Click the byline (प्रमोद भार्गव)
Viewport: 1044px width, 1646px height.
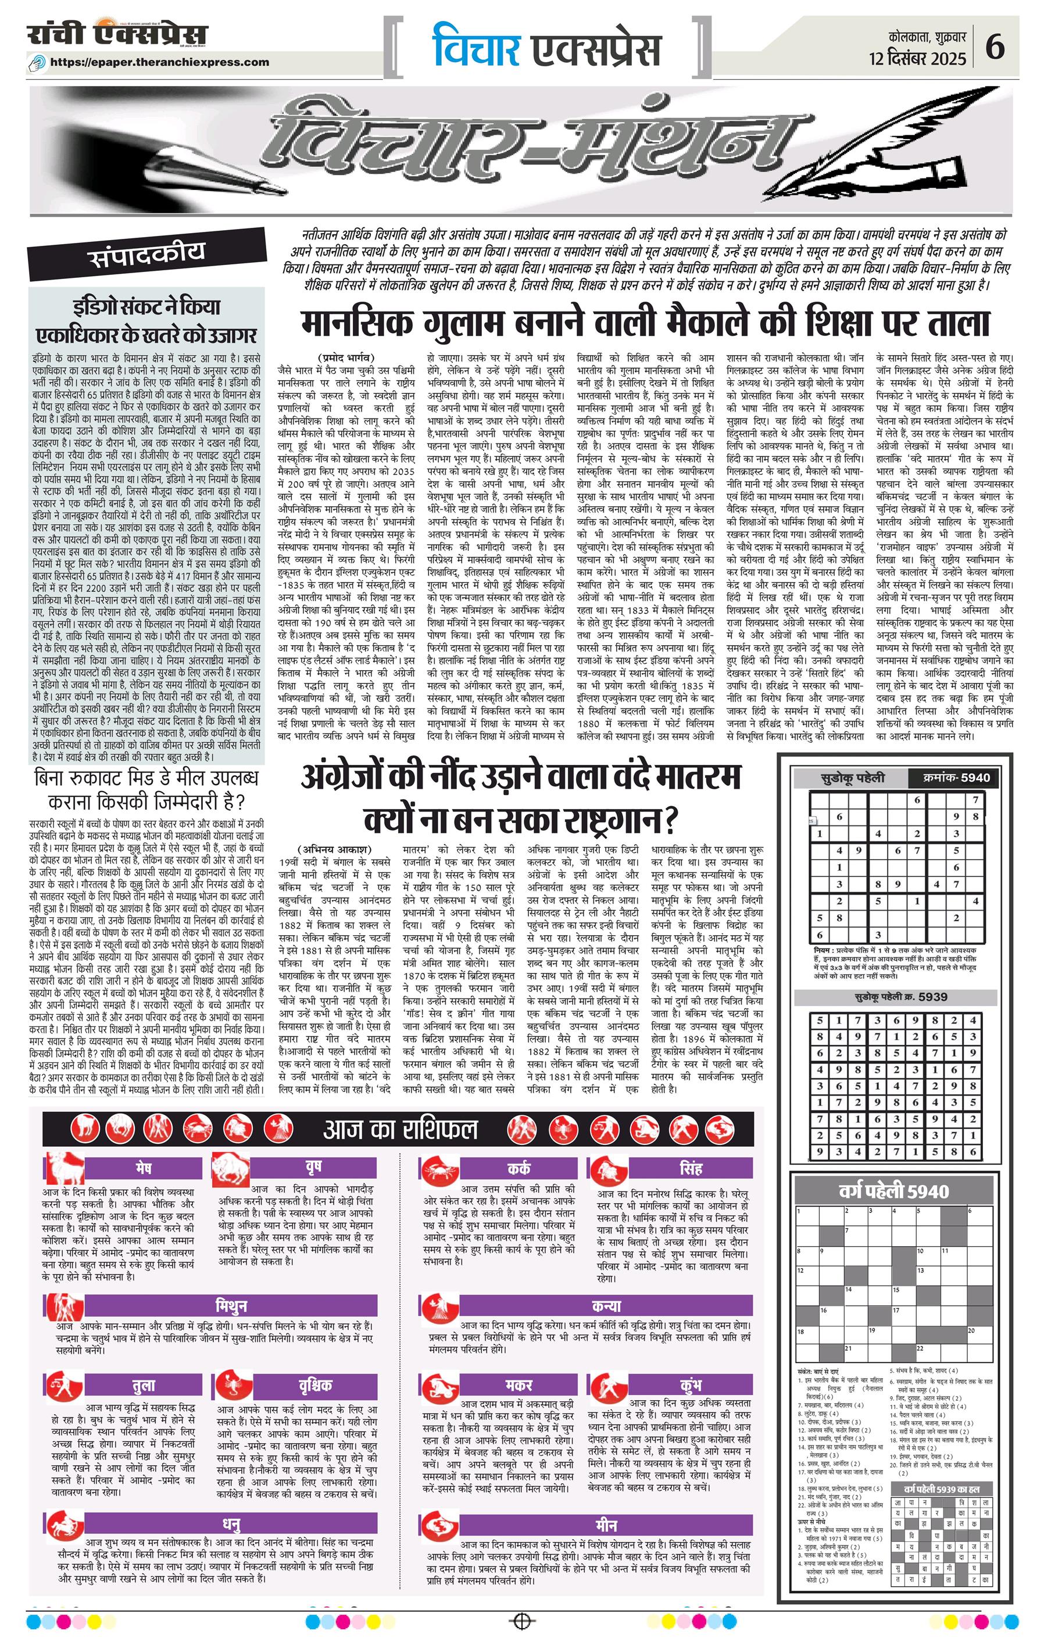346,357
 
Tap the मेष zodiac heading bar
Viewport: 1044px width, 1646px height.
144,1165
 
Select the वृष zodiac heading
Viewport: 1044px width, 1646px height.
314,1165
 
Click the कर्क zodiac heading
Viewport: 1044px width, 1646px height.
519,1167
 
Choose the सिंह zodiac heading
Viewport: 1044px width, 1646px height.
691,1167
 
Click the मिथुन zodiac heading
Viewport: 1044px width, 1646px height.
232,1305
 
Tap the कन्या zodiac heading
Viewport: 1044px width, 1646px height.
606,1305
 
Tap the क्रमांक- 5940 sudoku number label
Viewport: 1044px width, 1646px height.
956,777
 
